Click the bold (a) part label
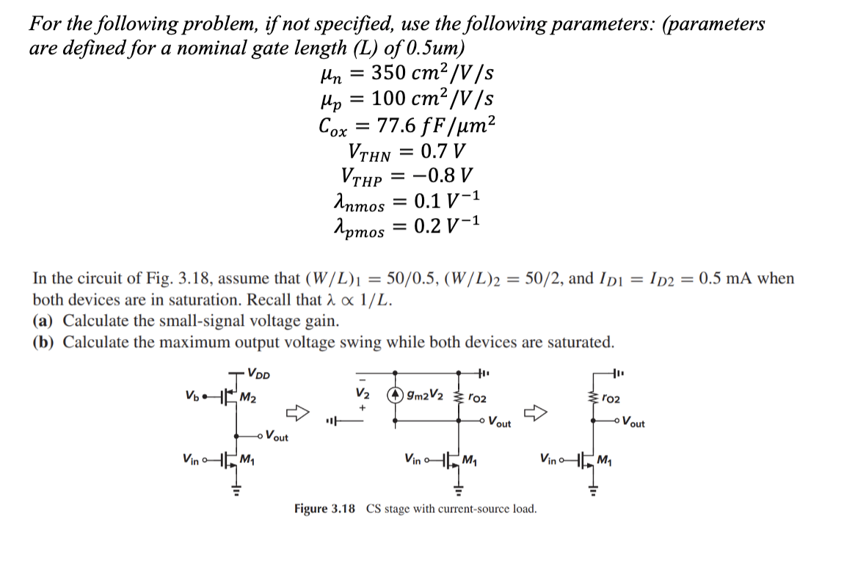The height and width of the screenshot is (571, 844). (45, 321)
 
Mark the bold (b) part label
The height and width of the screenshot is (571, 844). (46, 342)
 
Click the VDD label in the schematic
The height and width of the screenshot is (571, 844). (258, 371)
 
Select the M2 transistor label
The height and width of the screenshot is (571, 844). (249, 398)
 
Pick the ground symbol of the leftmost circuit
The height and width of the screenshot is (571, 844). (236, 490)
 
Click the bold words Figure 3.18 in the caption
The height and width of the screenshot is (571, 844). (324, 509)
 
